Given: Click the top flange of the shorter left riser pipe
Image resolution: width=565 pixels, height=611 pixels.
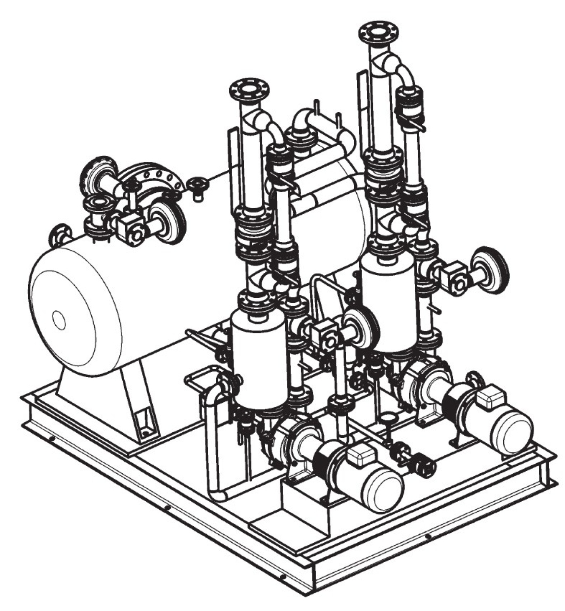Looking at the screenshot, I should pyautogui.click(x=249, y=90).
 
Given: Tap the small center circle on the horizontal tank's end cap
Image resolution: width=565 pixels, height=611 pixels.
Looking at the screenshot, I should pyautogui.click(x=59, y=321).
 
